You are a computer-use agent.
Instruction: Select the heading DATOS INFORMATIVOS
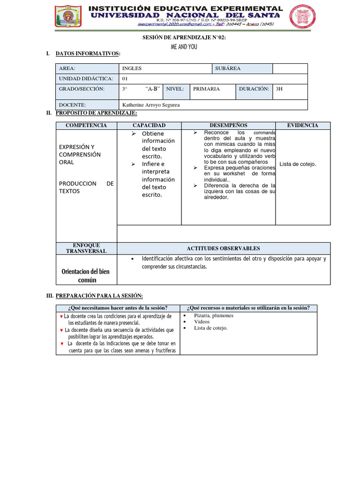click(88, 54)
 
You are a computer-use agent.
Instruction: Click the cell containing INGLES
click(132, 68)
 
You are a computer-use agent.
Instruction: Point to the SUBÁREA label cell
click(228, 68)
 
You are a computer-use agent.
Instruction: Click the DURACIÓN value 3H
click(280, 89)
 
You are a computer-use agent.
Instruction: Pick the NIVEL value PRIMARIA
click(206, 89)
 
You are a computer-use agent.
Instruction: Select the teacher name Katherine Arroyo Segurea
click(150, 105)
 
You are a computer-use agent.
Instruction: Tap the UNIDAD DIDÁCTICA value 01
click(125, 79)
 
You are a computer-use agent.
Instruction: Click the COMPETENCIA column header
click(86, 126)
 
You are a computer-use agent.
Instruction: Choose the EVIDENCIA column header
click(302, 126)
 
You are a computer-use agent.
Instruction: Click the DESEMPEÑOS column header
click(229, 126)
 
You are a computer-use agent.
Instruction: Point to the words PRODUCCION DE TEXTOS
click(86, 187)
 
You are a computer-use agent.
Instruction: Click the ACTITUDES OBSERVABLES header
click(223, 248)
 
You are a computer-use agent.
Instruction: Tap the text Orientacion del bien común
click(86, 276)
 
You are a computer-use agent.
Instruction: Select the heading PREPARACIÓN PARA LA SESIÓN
click(99, 296)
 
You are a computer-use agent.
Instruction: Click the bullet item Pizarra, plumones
click(214, 315)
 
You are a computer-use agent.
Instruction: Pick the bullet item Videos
click(202, 322)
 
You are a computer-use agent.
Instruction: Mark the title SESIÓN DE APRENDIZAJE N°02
click(184, 38)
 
